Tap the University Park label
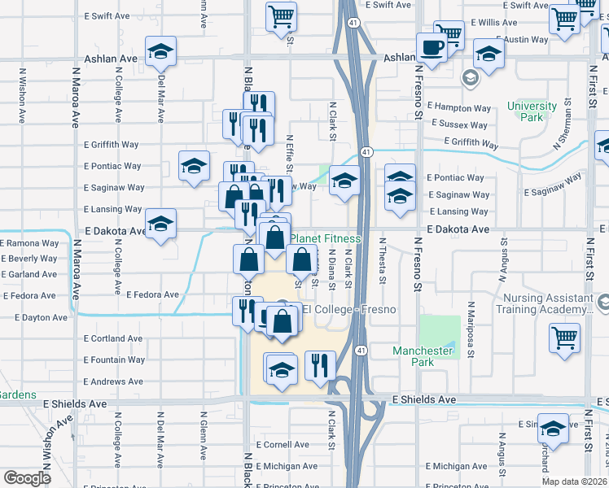click(532, 111)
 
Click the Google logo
click(27, 477)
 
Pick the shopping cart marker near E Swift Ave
click(281, 15)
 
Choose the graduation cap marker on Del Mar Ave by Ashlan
click(161, 52)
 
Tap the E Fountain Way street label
click(114, 359)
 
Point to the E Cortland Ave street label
click(113, 338)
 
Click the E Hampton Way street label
click(461, 107)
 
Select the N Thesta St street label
click(381, 262)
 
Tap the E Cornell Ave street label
click(282, 445)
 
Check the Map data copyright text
click(575, 481)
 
